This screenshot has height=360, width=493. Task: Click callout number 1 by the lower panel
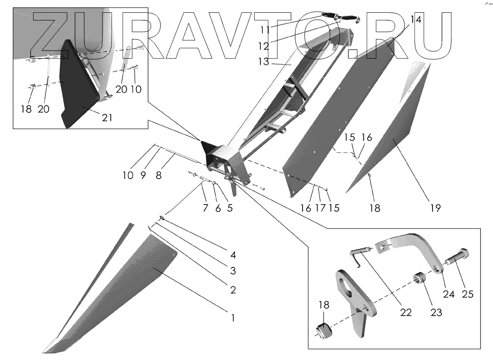pos(232,318)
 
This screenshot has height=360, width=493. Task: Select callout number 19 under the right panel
pos(436,207)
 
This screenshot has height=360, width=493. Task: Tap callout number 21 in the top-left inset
pos(107,118)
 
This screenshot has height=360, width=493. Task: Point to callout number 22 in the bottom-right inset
pos(406,312)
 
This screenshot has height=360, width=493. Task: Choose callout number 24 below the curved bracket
pos(449,294)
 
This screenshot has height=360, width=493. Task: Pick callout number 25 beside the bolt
pos(467,294)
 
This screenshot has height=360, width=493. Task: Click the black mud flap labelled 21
pos(78,90)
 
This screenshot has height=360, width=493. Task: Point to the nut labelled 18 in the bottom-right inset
pos(325,329)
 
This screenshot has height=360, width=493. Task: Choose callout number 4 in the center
pos(233,256)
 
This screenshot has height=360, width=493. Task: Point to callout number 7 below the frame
pos(205,207)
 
